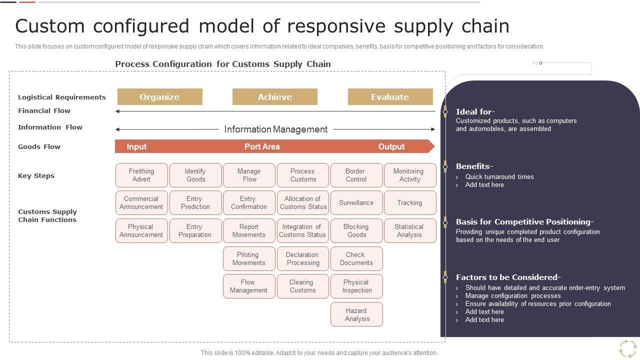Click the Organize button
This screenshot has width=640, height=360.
pos(159,97)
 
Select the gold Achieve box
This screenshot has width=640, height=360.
pos(275,97)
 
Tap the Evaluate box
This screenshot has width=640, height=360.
pos(390,97)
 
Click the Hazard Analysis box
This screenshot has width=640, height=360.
pos(356,314)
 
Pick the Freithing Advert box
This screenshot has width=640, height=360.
pos(141,175)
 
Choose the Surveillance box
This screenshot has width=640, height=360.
pos(356,202)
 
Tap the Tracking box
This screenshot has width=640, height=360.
pos(410,202)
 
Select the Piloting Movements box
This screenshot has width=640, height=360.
pos(249,258)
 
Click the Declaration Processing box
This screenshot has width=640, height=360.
pos(303,258)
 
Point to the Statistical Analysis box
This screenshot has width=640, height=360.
pos(410,230)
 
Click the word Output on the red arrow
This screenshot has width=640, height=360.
pos(391,146)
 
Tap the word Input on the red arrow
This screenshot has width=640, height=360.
pos(136,147)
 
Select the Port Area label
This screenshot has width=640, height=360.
pos(262,146)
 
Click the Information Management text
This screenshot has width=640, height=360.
pos(275,129)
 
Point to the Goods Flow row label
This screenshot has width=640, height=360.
pos(39,146)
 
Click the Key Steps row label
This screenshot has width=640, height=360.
pos(36,175)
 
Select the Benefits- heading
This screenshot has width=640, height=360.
pos(474,166)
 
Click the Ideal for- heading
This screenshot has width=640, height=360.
pos(475,111)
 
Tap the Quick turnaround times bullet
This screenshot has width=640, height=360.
pos(499,176)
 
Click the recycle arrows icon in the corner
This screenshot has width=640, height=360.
pos(628,348)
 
